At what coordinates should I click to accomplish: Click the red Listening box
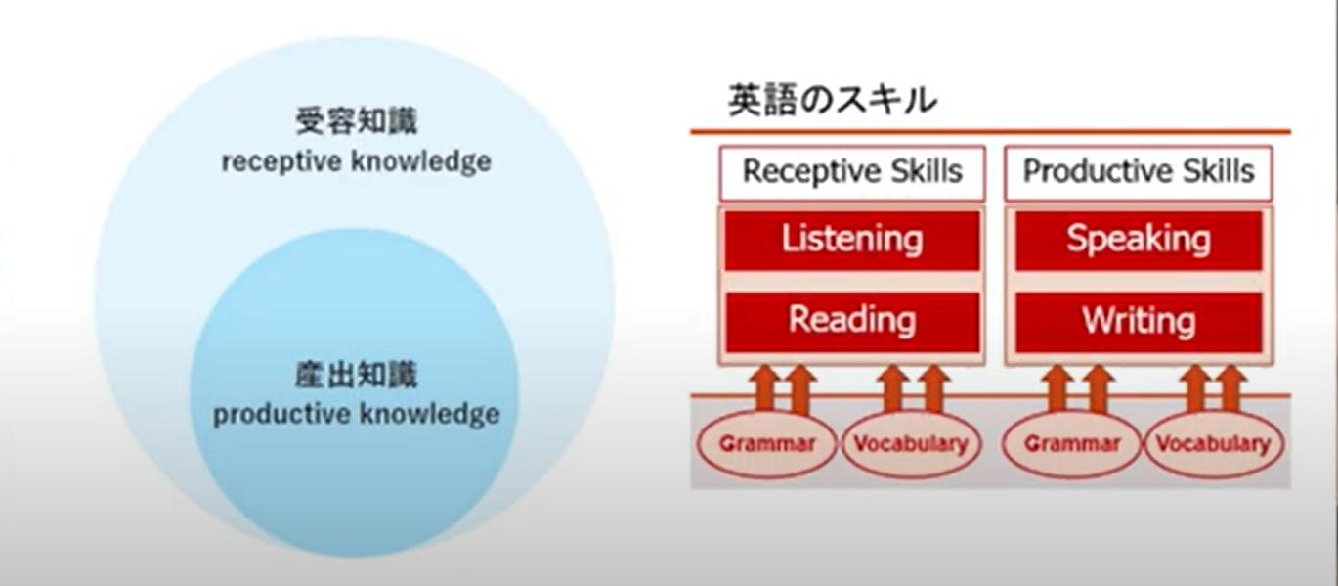coord(852,240)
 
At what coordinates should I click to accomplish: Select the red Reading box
coord(852,322)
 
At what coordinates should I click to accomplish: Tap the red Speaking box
coord(1139,240)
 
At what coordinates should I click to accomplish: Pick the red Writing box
coord(1139,322)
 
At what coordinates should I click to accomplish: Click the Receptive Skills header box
coord(852,173)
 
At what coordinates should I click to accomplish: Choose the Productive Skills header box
coord(1139,173)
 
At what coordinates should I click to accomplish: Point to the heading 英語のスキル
coord(832,100)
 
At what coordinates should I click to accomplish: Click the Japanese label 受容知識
coord(357,121)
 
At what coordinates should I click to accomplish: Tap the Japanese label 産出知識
coord(357,375)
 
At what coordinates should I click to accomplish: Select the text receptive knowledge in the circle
coord(357,162)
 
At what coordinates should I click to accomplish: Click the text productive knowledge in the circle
coord(357,415)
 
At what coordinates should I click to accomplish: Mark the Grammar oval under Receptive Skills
coord(767,444)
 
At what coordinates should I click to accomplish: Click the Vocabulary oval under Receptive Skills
coord(911,444)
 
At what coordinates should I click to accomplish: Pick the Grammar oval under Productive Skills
coord(1072,444)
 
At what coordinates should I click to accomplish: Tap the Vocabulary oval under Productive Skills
coord(1213,444)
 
